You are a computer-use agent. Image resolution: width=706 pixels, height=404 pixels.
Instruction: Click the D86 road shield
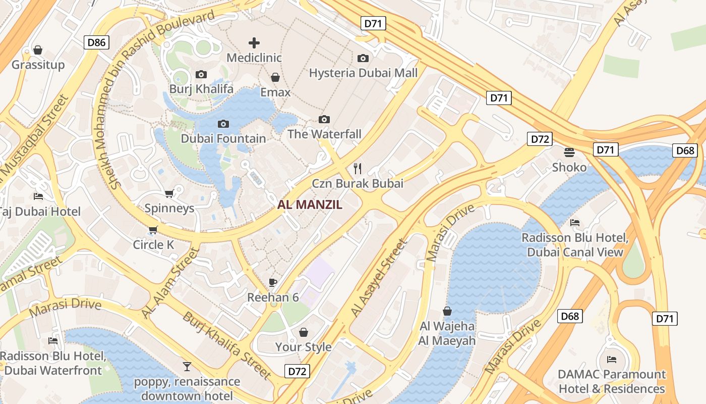pos(96,42)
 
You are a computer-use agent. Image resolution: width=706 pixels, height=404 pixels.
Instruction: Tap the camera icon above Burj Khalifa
pos(201,75)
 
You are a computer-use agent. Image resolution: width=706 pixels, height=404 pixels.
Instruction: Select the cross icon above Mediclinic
pos(254,43)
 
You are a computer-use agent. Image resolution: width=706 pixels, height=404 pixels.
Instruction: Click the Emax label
pos(275,92)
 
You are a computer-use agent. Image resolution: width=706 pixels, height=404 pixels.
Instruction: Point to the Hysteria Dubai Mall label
pos(363,73)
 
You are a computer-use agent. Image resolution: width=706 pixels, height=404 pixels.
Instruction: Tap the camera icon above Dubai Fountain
pos(223,124)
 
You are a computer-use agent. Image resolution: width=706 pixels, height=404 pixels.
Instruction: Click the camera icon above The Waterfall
pos(324,119)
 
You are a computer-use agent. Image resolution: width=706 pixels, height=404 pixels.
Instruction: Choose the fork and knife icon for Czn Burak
pos(358,168)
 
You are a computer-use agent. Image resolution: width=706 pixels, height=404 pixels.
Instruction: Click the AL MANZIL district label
pos(310,205)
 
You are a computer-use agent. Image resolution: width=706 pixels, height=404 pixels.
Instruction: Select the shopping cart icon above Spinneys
pos(169,193)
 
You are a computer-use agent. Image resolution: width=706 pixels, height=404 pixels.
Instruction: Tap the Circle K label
pos(153,245)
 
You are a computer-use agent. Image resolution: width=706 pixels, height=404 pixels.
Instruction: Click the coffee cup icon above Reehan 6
pos(273,282)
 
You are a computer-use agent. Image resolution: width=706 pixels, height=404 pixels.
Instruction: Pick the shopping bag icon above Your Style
pos(303,332)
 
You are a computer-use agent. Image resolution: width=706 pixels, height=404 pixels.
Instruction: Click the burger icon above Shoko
pos(569,152)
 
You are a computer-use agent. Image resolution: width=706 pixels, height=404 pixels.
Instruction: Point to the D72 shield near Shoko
pos(540,139)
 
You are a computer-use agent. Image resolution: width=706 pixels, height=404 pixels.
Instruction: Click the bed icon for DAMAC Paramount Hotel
pos(612,360)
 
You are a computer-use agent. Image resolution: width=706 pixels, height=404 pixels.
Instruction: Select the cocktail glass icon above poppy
pos(187,366)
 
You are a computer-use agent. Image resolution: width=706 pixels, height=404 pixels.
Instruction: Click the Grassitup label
pos(38,65)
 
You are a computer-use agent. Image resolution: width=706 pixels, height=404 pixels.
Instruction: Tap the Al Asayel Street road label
pos(379,279)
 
